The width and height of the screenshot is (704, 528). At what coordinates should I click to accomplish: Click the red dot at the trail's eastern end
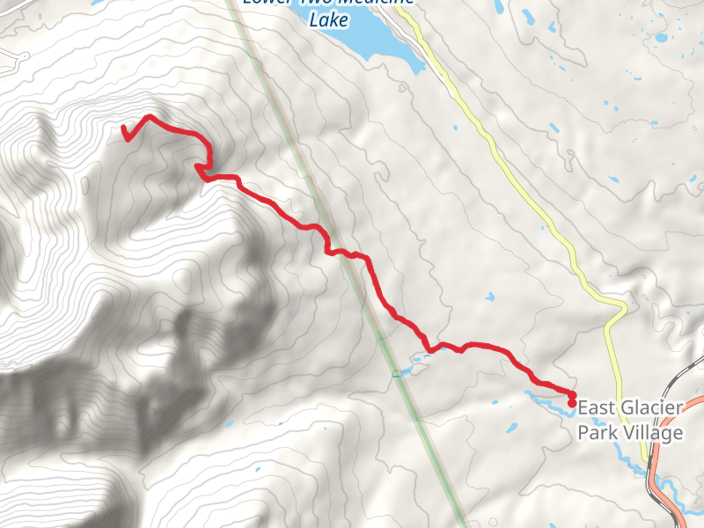(572, 403)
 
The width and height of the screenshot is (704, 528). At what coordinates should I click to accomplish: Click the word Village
(650, 433)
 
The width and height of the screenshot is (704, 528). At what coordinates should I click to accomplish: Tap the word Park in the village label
(595, 433)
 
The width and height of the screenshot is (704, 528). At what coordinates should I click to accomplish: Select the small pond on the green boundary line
(398, 373)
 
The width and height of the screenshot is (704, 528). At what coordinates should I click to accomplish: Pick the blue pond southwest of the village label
(510, 429)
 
